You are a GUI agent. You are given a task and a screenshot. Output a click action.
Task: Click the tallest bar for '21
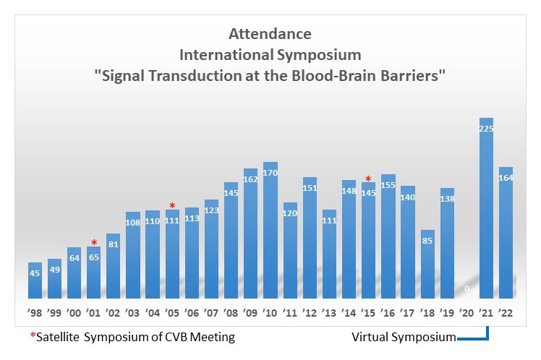pyautogui.click(x=486, y=210)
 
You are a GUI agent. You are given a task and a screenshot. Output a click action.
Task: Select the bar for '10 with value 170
pyautogui.click(x=271, y=231)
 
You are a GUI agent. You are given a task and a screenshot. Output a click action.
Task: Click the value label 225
pyautogui.click(x=486, y=129)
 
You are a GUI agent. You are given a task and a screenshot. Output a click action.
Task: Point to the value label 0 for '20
pyautogui.click(x=467, y=288)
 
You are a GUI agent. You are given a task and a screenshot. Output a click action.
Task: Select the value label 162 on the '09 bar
pyautogui.click(x=252, y=179)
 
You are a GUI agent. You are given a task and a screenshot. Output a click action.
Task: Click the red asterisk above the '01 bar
pyautogui.click(x=94, y=244)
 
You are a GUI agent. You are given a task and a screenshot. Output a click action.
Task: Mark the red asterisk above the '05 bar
pyautogui.click(x=172, y=207)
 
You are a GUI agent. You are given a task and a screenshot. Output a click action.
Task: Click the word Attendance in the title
pyautogui.click(x=270, y=34)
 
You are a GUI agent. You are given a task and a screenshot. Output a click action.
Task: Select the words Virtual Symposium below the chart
pyautogui.click(x=404, y=337)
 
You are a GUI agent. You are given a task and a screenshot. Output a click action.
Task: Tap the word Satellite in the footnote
pyautogui.click(x=57, y=337)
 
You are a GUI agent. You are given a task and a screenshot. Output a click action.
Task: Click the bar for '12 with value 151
pyautogui.click(x=310, y=239)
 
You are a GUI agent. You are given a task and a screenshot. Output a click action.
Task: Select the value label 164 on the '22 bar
pyautogui.click(x=506, y=178)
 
